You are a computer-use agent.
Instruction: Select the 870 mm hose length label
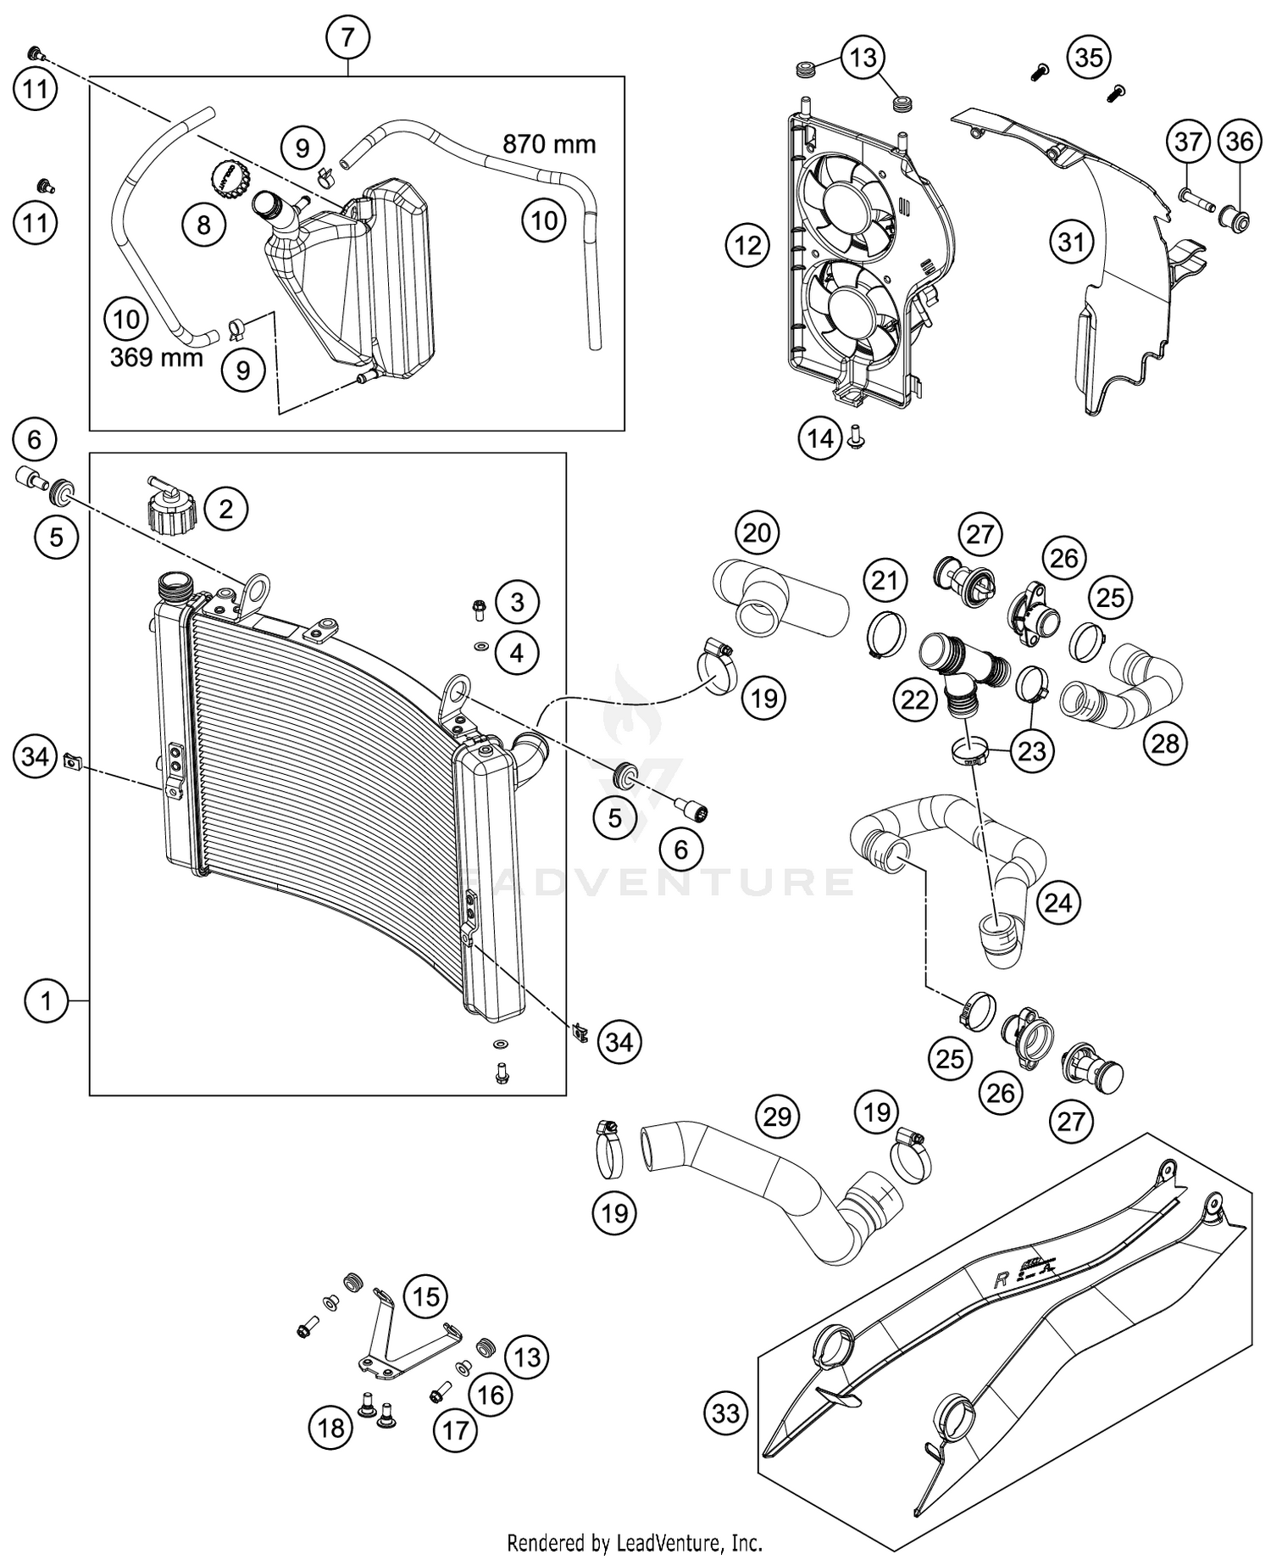pyautogui.click(x=549, y=144)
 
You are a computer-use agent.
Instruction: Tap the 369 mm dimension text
pyautogui.click(x=157, y=357)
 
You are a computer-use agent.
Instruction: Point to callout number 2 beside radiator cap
pyautogui.click(x=225, y=509)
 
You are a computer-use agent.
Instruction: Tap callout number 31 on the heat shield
pyautogui.click(x=1071, y=242)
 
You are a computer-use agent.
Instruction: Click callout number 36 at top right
pyautogui.click(x=1239, y=141)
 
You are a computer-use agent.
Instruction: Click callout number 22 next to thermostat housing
pyautogui.click(x=915, y=699)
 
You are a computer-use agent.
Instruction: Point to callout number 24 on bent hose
pyautogui.click(x=1058, y=903)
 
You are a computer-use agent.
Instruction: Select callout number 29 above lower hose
pyautogui.click(x=777, y=1117)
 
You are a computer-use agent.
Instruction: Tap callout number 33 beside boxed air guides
pyautogui.click(x=726, y=1412)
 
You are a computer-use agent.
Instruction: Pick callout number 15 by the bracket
pyautogui.click(x=425, y=1296)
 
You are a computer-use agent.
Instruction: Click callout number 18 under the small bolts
pyautogui.click(x=330, y=1428)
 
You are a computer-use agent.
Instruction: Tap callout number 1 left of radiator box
pyautogui.click(x=47, y=1001)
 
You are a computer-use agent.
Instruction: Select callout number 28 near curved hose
pyautogui.click(x=1165, y=744)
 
